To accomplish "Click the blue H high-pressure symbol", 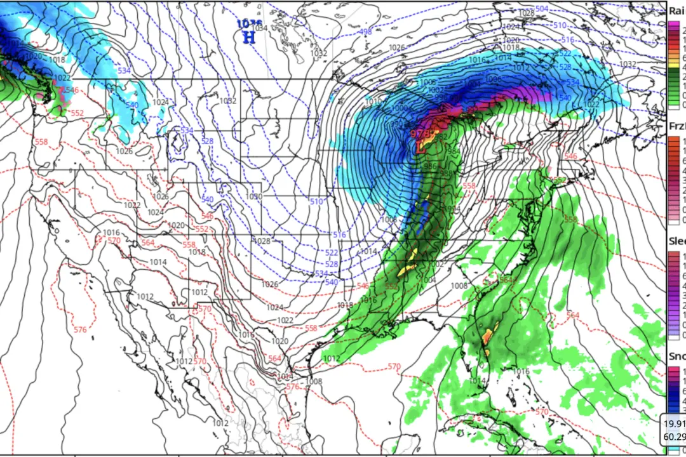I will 250,37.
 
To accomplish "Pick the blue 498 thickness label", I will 365,32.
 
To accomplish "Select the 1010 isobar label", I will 373,101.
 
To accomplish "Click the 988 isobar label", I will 446,173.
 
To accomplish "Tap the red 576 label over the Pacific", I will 80,330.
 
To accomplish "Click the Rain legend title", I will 676,10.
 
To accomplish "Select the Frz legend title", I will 676,126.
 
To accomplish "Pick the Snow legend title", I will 676,357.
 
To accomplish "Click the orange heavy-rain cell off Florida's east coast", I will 488,337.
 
